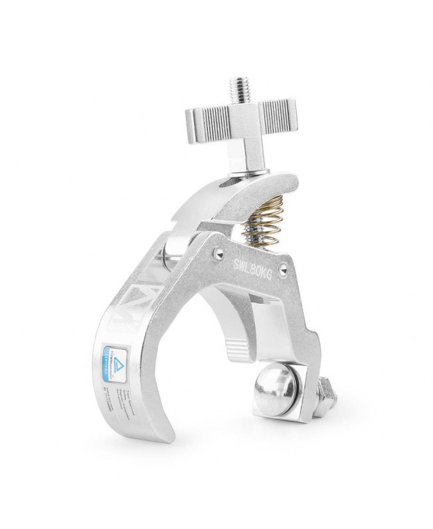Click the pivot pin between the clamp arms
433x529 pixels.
pyautogui.click(x=171, y=253)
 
